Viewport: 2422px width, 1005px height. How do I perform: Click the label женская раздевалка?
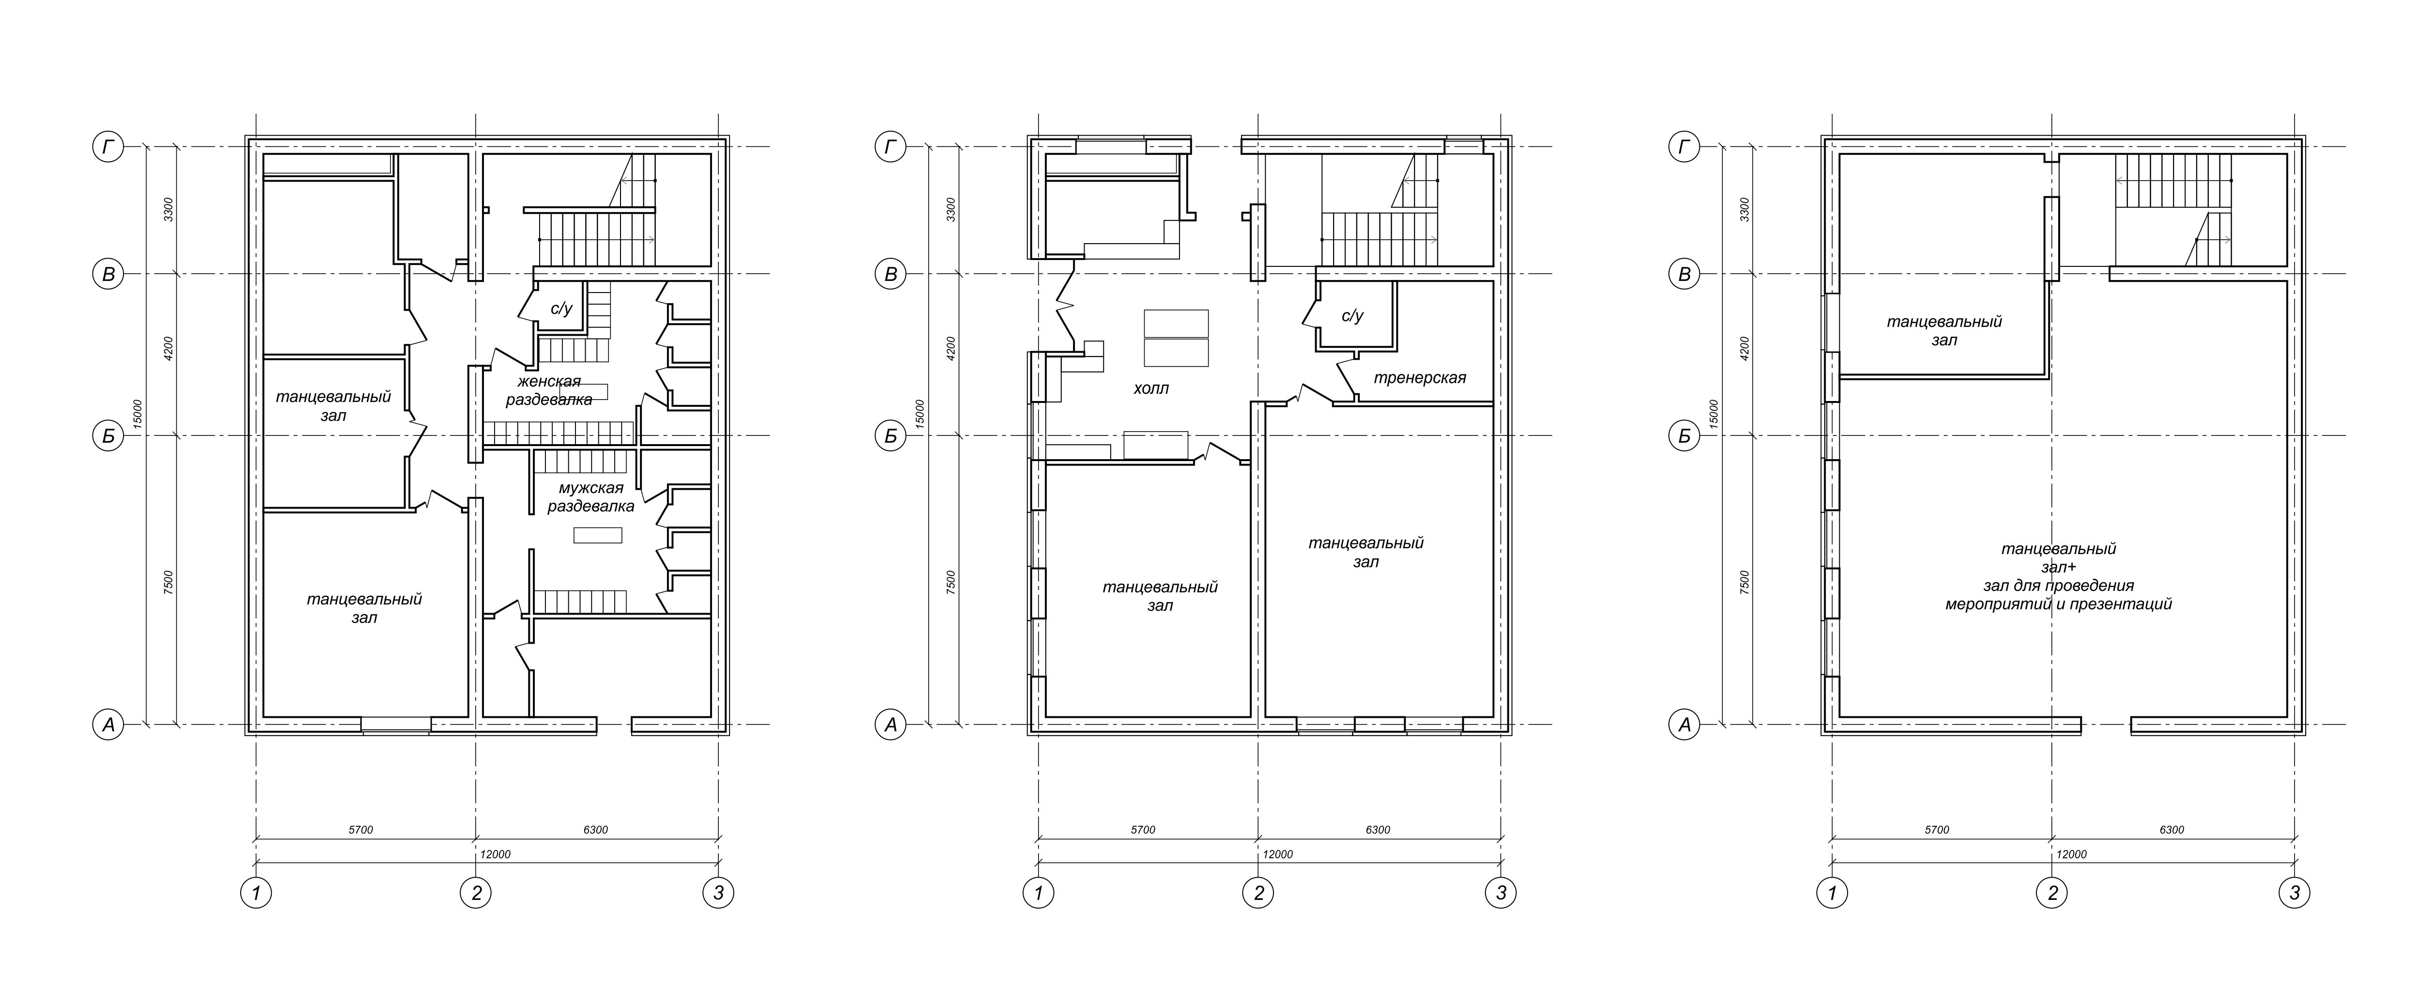(x=550, y=390)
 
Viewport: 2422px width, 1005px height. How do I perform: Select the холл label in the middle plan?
(x=1151, y=388)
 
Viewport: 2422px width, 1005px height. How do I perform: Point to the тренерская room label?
(x=1420, y=378)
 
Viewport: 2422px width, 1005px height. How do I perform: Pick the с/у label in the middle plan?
(x=1352, y=316)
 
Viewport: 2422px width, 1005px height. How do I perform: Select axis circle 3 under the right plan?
(x=2294, y=892)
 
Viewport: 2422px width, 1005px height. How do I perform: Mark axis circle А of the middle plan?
(x=890, y=725)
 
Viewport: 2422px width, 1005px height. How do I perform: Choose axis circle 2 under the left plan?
(x=476, y=892)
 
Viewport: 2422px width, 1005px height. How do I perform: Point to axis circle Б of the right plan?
(x=1684, y=436)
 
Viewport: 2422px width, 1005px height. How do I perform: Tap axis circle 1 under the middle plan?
(x=1038, y=892)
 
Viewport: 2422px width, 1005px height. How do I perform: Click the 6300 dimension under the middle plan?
(x=1378, y=830)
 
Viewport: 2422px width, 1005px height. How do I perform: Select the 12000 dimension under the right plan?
(x=2071, y=854)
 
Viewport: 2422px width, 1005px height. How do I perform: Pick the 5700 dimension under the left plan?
(x=361, y=830)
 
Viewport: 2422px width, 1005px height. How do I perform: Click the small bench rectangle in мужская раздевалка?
(x=598, y=535)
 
